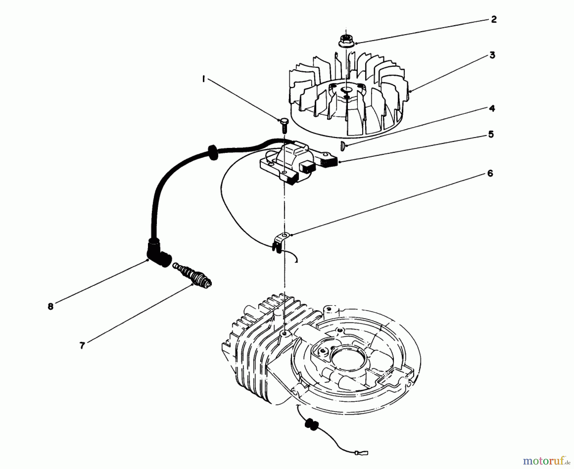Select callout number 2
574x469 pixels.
493,19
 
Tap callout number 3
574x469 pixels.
492,55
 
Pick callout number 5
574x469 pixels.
490,135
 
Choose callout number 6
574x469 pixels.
490,173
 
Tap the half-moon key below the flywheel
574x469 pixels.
342,146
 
